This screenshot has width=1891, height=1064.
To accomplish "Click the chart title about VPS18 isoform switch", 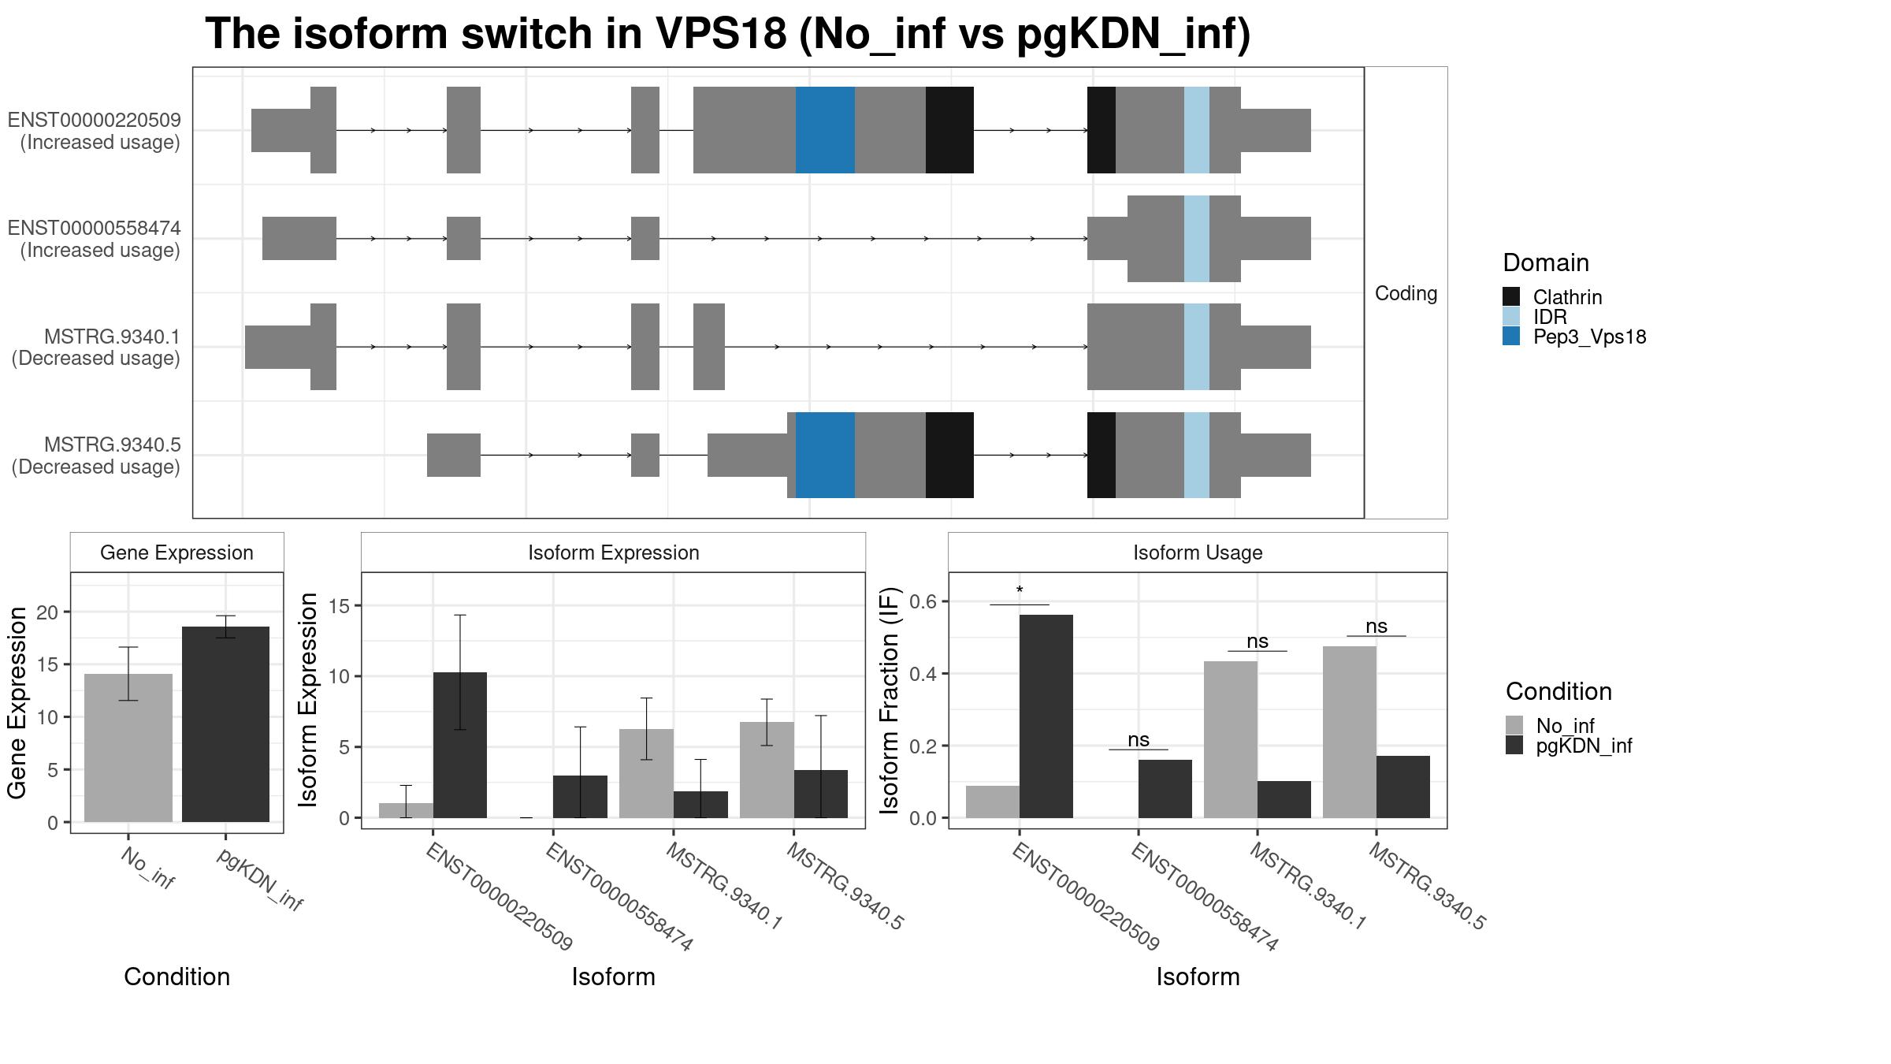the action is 727,34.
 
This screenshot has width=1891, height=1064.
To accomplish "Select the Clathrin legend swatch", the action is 1511,296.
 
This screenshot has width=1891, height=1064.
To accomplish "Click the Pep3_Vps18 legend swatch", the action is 1511,337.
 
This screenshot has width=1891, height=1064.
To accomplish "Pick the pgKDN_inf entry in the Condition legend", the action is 1584,746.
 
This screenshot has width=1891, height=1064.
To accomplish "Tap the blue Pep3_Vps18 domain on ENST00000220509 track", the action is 825,130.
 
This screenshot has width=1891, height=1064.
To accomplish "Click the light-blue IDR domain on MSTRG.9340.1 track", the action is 1197,347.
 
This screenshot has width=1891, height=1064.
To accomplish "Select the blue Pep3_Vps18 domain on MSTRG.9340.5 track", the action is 825,455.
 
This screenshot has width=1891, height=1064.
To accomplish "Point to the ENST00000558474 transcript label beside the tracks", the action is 95,239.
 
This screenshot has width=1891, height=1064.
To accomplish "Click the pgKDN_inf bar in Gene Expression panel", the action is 225,724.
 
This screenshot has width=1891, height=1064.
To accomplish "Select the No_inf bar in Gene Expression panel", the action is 128,748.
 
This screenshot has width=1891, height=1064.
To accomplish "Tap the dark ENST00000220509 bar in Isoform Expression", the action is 460,745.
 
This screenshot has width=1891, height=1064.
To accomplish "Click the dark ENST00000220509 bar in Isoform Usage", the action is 1046,716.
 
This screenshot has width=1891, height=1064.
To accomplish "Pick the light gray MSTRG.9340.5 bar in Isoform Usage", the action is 1350,732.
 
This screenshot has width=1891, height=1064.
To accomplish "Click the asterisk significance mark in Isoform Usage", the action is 1020,591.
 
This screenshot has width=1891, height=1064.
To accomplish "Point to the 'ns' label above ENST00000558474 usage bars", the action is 1139,739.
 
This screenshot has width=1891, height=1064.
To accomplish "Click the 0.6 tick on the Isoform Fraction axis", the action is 925,601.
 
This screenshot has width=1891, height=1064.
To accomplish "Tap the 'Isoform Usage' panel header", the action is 1198,552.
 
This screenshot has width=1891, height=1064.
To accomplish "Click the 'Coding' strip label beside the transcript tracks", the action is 1406,293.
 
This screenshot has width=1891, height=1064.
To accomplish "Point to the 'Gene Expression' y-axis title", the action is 17,702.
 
